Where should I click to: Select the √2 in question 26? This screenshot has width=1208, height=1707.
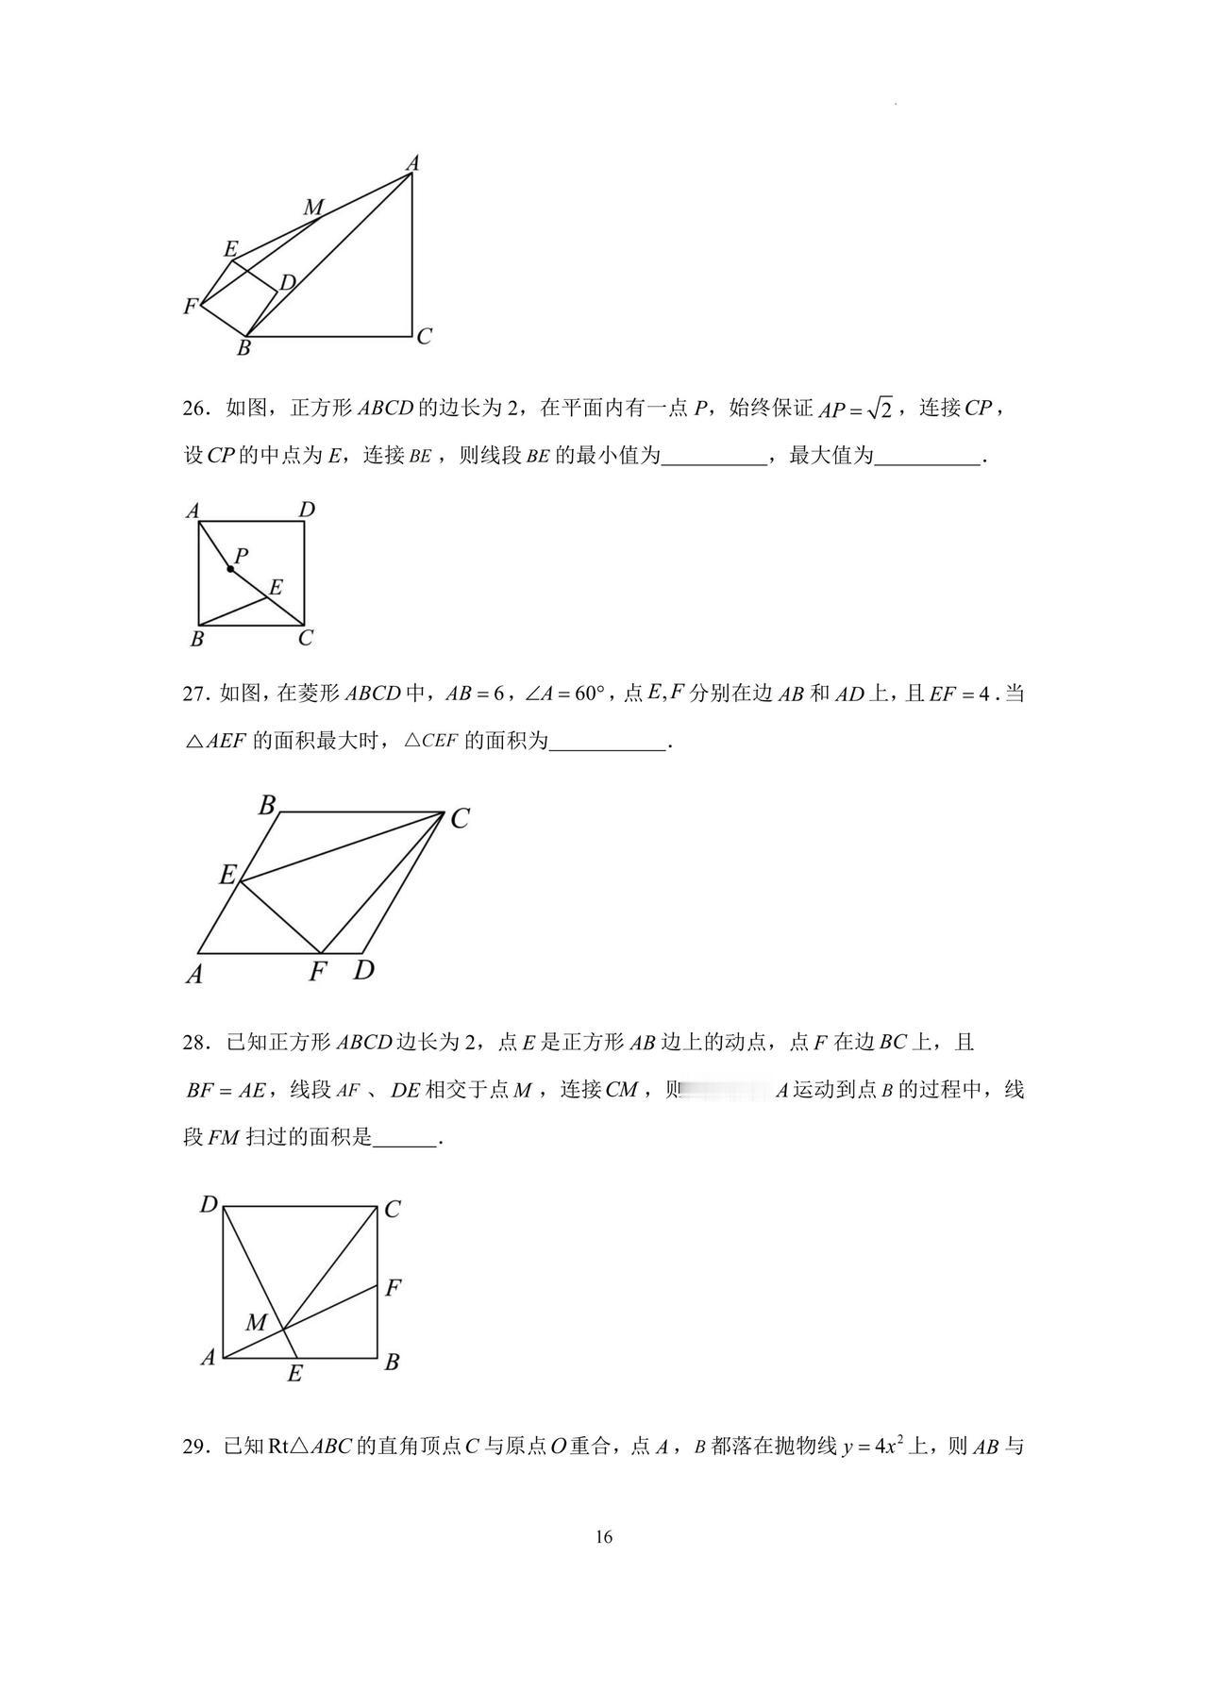click(879, 410)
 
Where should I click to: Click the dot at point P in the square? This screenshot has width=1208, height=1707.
click(230, 569)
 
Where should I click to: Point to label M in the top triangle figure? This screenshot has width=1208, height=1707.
click(313, 208)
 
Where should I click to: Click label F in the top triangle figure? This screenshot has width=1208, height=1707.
click(191, 306)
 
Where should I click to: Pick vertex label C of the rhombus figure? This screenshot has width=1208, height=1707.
click(460, 819)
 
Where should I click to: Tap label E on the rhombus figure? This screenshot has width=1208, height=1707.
click(227, 875)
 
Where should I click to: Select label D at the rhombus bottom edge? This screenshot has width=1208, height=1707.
click(363, 969)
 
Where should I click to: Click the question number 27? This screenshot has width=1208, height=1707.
click(194, 695)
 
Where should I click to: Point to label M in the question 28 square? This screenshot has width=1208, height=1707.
click(256, 1322)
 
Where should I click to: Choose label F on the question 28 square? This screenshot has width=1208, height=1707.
click(394, 1287)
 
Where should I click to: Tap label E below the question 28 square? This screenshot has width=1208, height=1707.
click(294, 1374)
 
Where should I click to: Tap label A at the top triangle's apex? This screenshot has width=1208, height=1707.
click(412, 163)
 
